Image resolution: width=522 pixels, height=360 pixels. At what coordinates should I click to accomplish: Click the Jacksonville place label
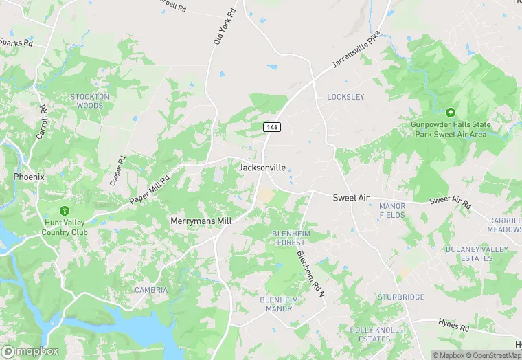point(262,168)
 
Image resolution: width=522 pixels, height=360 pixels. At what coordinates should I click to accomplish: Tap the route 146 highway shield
point(272,128)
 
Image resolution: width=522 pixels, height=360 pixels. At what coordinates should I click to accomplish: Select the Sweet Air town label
point(351,198)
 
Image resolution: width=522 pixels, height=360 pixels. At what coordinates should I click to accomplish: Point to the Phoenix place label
point(29,177)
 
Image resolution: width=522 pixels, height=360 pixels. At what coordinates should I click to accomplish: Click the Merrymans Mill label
point(201,221)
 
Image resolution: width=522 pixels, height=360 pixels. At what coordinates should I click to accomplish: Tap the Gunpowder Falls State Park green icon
point(451,112)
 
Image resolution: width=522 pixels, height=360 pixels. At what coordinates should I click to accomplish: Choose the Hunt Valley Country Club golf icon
point(65,210)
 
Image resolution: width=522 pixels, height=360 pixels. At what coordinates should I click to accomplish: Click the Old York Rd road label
point(225,28)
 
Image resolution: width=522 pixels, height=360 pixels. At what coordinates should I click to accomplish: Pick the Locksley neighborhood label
point(345,97)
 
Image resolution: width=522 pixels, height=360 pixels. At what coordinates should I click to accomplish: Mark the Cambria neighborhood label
point(151,290)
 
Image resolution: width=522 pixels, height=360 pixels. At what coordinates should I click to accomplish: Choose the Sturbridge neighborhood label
point(401,297)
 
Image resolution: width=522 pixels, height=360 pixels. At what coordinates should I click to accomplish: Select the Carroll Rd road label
point(42,122)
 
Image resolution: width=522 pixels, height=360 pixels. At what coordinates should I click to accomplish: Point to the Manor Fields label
point(392,210)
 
